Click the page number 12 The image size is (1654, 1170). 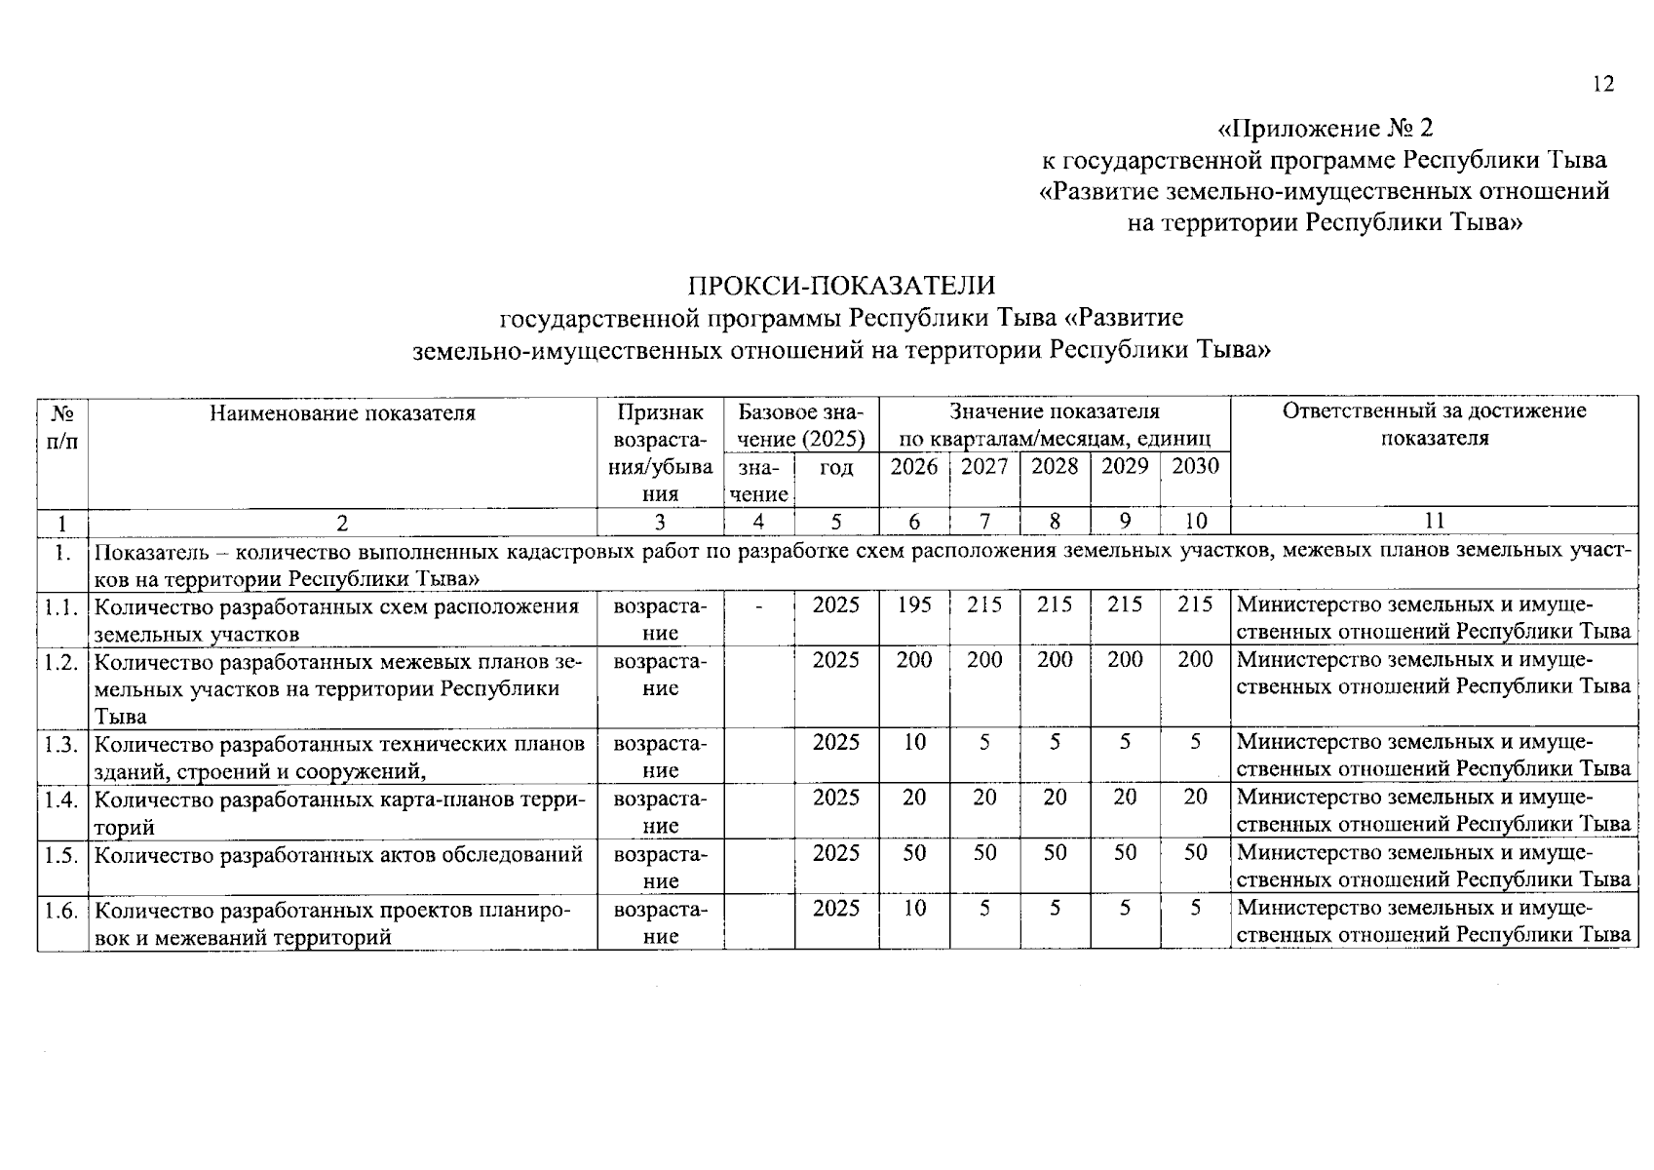[x=1603, y=85]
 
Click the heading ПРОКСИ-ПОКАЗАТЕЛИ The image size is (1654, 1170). [x=842, y=286]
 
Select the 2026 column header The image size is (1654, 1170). [x=914, y=467]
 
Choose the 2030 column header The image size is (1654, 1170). [x=1195, y=467]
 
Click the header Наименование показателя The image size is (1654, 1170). [x=342, y=412]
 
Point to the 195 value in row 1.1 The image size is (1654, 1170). [x=914, y=605]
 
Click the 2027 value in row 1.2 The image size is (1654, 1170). [x=984, y=660]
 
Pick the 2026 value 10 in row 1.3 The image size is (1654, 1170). [x=914, y=743]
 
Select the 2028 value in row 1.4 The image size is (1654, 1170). [x=1055, y=798]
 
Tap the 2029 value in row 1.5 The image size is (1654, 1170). [x=1125, y=853]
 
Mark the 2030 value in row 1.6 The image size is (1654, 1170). [x=1195, y=909]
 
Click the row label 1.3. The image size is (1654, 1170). [x=61, y=745]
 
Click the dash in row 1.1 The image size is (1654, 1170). [x=758, y=606]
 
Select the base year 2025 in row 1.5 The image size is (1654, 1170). [x=836, y=853]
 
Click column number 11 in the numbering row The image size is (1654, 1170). [x=1434, y=521]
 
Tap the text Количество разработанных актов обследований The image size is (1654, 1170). [x=339, y=855]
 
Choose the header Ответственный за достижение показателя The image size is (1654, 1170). [x=1434, y=424]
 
